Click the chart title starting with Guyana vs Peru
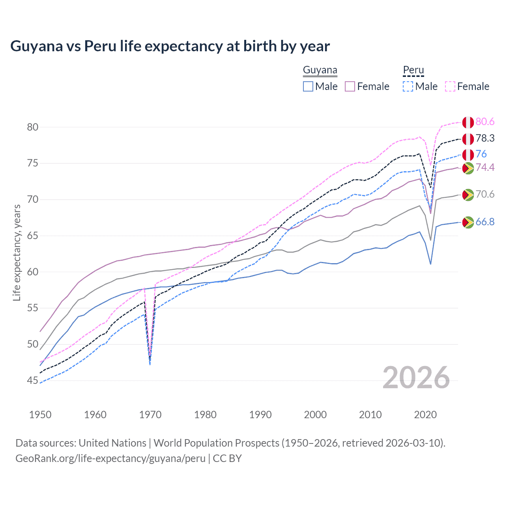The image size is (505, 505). [170, 46]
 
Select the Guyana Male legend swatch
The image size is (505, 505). [308, 86]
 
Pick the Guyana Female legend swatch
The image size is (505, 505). [350, 86]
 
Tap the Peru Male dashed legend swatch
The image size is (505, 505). [408, 86]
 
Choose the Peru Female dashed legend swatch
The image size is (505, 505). [450, 86]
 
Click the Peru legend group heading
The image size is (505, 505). [413, 71]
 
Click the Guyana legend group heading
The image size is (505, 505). [320, 71]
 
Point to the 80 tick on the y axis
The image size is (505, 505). [33, 127]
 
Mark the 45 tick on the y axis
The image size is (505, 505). [33, 380]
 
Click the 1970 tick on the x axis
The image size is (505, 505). [150, 415]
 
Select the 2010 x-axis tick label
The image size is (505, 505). [370, 415]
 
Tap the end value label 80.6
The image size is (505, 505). [485, 122]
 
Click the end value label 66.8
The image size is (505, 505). [485, 222]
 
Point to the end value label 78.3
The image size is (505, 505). [485, 138]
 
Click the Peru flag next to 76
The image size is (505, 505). [468, 155]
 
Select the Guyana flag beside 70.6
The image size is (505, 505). [468, 195]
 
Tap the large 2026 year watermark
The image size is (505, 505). [416, 378]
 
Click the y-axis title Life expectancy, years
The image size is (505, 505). [17, 252]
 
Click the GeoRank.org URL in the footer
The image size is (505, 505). [110, 458]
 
